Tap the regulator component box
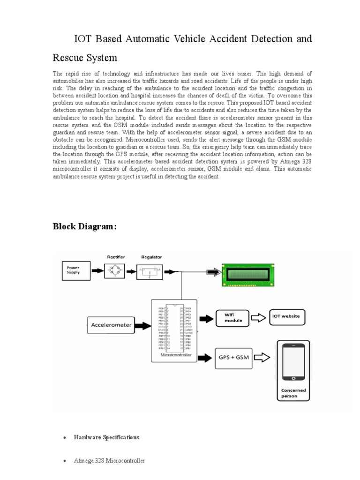pyautogui.click(x=150, y=271)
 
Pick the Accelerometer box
pyautogui.click(x=111, y=324)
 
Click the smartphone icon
pyautogui.click(x=293, y=361)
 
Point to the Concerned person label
pyautogui.click(x=293, y=393)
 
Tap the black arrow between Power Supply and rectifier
pyautogui.click(x=96, y=270)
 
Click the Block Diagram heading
pyautogui.click(x=84, y=227)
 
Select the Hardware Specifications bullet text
pyautogui.click(x=106, y=437)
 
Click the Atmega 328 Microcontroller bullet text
pyautogui.click(x=109, y=461)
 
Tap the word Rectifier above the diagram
pyautogui.click(x=116, y=257)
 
